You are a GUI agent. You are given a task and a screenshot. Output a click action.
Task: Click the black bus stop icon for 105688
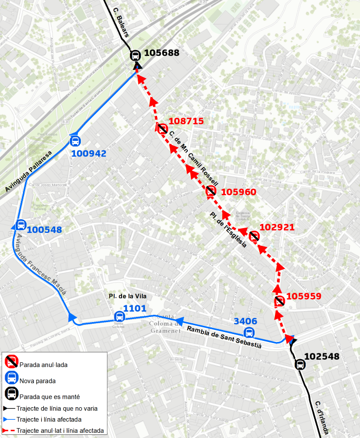pyautogui.click(x=135, y=54)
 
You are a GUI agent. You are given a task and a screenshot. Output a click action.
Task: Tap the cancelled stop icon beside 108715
pyautogui.click(x=162, y=128)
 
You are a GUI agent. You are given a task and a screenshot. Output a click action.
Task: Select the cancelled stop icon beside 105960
pyautogui.click(x=211, y=192)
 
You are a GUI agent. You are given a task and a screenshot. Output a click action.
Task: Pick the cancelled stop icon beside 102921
pyautogui.click(x=254, y=236)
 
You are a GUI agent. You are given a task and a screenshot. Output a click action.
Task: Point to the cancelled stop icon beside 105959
pyautogui.click(x=280, y=301)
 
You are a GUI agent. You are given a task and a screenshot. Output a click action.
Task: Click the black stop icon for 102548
pyautogui.click(x=300, y=364)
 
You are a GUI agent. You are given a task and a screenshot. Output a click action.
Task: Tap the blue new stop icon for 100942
pyautogui.click(x=75, y=141)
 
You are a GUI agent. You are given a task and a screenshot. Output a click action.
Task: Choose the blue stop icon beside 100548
pyautogui.click(x=20, y=226)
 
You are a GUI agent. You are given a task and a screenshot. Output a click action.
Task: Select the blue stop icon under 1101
pyautogui.click(x=119, y=316)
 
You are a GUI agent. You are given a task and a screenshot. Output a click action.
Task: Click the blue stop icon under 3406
pyautogui.click(x=250, y=333)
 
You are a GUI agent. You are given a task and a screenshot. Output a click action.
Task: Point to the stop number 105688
pyautogui.click(x=162, y=53)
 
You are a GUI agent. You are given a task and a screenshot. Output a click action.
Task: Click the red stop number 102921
pyautogui.click(x=277, y=227)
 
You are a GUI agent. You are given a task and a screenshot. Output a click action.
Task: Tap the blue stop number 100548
pyautogui.click(x=44, y=230)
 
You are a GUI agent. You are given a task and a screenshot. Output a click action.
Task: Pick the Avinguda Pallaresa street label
pyautogui.click(x=29, y=171)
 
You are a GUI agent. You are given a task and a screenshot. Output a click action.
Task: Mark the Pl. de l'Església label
pyautogui.click(x=228, y=230)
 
